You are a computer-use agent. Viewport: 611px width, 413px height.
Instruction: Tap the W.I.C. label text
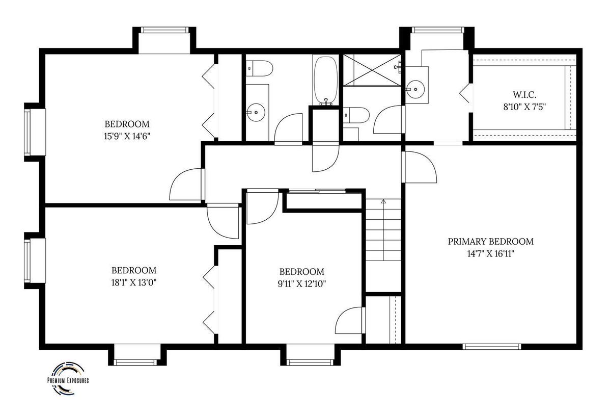(524, 95)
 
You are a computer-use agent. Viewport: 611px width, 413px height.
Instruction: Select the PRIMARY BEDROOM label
(490, 242)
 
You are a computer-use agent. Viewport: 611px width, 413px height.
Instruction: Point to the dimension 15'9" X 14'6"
(127, 136)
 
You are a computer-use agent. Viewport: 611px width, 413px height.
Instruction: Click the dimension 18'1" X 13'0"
(133, 282)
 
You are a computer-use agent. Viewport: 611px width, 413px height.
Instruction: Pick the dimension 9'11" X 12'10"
(301, 284)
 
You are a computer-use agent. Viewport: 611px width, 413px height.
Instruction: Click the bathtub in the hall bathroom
(326, 81)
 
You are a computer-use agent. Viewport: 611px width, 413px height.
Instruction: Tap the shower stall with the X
(372, 70)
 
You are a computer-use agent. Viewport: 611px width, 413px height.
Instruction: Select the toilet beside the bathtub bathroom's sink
(259, 68)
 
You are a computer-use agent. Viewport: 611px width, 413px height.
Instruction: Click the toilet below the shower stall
(356, 115)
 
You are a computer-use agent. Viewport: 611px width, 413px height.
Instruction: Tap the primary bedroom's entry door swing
(420, 167)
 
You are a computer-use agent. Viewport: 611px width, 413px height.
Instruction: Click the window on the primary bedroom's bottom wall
(492, 347)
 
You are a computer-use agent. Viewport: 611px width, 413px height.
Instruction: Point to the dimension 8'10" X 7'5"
(524, 107)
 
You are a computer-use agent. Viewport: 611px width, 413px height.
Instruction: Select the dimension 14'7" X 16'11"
(490, 254)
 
